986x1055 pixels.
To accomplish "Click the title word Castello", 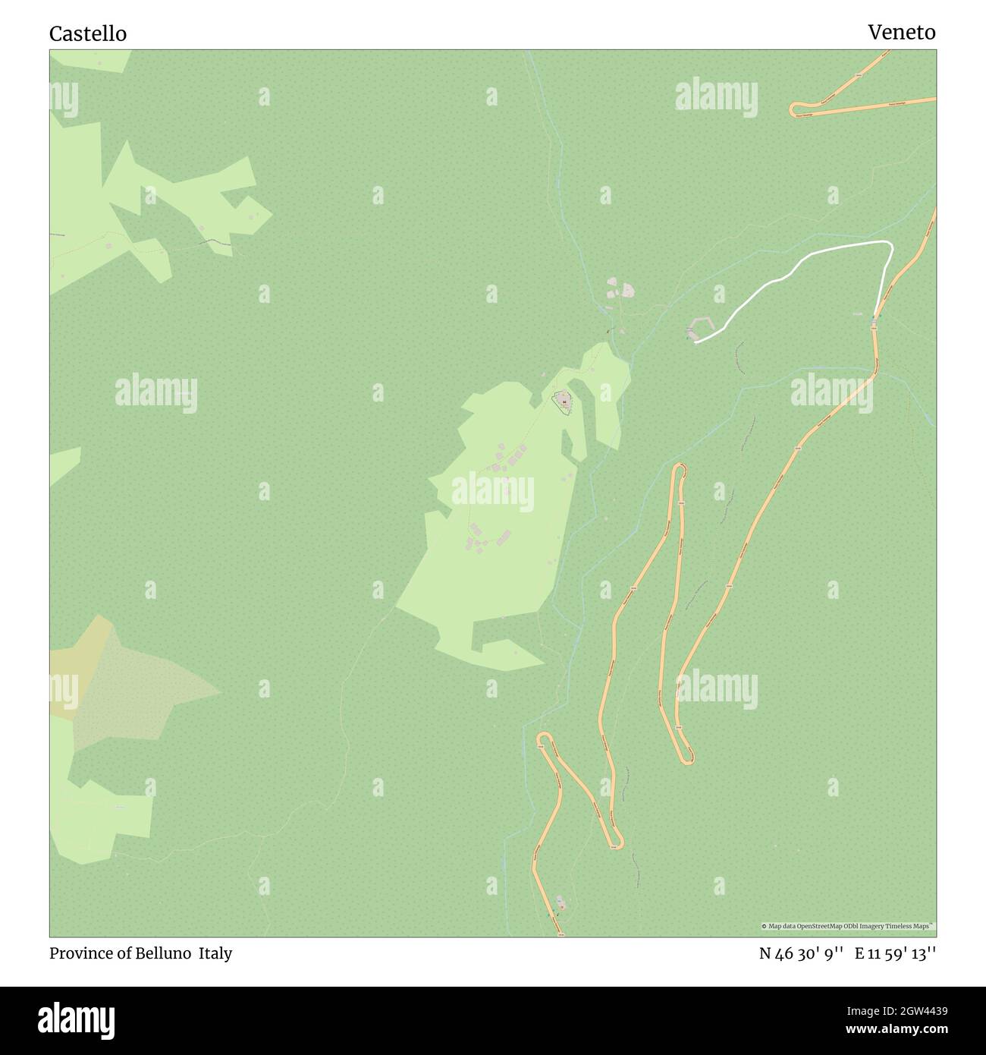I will [x=88, y=34].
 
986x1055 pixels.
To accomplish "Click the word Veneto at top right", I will [x=901, y=33].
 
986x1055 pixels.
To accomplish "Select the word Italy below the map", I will [x=215, y=953].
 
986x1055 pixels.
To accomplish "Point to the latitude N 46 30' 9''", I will [x=802, y=954].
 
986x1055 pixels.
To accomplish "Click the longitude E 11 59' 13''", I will [x=895, y=954].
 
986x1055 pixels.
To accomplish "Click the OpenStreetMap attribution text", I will [x=848, y=926].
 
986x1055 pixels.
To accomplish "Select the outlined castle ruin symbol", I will [x=564, y=401].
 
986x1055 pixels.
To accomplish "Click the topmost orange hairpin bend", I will [x=794, y=109].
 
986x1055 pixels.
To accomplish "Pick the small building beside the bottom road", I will [x=561, y=902].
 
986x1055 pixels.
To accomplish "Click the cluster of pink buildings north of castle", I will [x=620, y=289].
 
